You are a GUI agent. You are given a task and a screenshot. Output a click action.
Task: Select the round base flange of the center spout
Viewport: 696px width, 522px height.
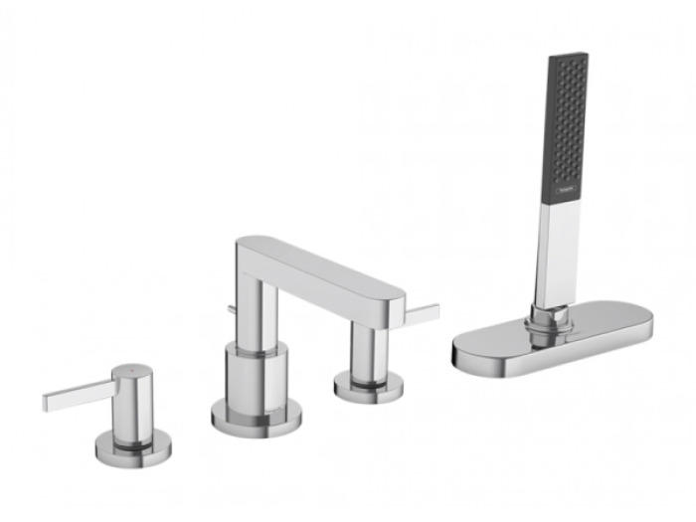click(257, 417)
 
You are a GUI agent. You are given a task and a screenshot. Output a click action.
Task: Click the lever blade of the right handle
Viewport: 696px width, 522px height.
click(422, 313)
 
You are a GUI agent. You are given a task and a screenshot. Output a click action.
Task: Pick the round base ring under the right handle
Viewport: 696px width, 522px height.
click(369, 388)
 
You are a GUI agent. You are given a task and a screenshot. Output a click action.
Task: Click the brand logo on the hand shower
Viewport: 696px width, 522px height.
click(565, 189)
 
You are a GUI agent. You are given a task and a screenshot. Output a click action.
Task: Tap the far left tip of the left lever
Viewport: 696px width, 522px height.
click(46, 404)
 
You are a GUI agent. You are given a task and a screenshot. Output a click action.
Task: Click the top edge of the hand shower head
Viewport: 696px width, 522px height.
click(568, 56)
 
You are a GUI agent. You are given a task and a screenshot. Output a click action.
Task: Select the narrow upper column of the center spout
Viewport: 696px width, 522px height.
click(255, 308)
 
